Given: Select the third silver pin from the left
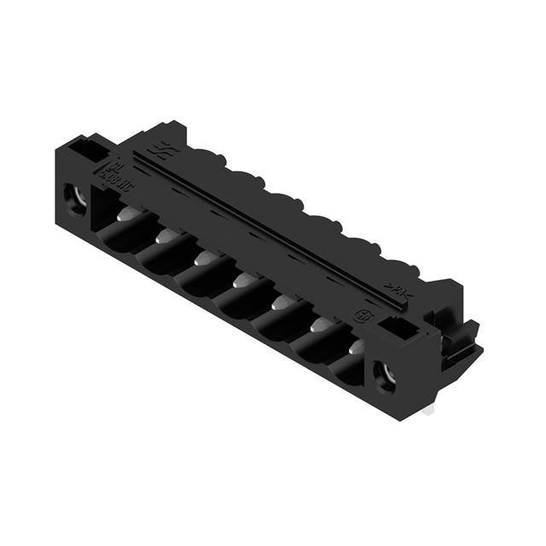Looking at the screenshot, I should [204, 256].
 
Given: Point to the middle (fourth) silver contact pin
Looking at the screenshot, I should [241, 279].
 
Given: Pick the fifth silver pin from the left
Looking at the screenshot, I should [281, 301].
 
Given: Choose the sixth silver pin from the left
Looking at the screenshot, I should [320, 324].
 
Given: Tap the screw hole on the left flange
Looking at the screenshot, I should [73, 198].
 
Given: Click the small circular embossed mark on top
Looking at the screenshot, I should [361, 315].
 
